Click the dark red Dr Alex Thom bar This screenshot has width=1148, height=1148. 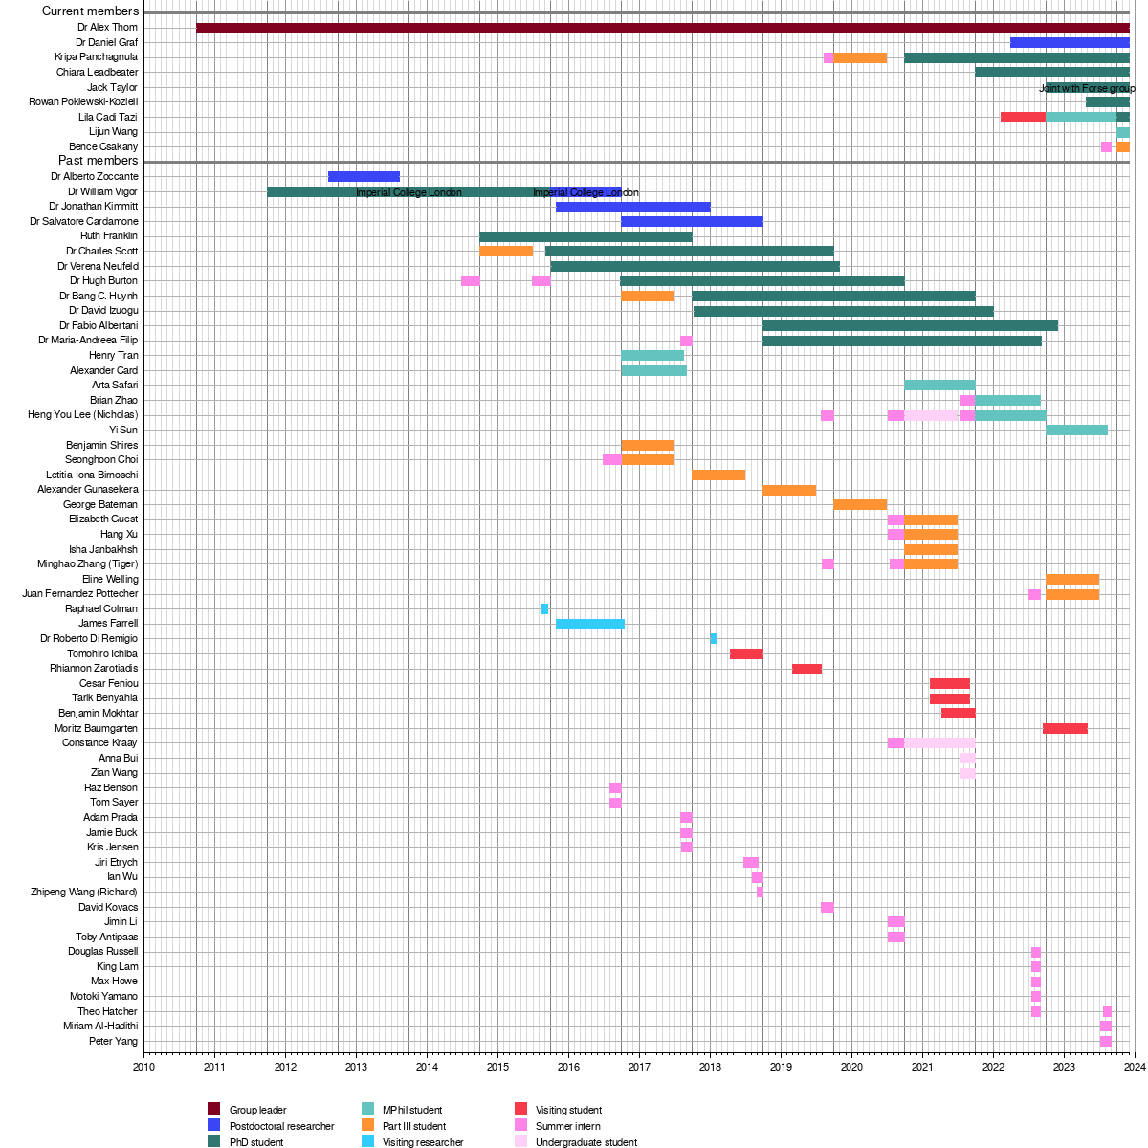(x=662, y=28)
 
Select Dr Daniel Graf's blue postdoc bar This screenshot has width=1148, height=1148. (x=1070, y=42)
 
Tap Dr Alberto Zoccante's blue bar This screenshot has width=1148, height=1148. (x=364, y=176)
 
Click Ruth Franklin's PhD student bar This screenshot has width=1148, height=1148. (x=585, y=236)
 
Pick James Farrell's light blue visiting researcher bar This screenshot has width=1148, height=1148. (x=589, y=624)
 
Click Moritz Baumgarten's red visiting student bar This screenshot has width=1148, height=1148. (x=1065, y=728)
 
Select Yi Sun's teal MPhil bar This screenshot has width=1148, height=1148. (x=1076, y=430)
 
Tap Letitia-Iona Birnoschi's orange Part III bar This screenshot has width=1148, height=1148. (x=718, y=475)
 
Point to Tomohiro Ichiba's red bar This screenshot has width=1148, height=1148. (x=746, y=653)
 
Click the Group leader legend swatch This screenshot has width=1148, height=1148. (x=213, y=1110)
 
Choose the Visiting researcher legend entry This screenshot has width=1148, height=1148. (x=423, y=1142)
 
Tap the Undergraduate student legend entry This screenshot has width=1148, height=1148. (x=586, y=1142)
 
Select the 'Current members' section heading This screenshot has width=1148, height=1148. (x=90, y=11)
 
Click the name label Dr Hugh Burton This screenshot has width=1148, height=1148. (x=103, y=281)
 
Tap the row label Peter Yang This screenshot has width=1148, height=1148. (x=113, y=1041)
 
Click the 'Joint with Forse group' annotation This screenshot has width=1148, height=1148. (x=1087, y=88)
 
